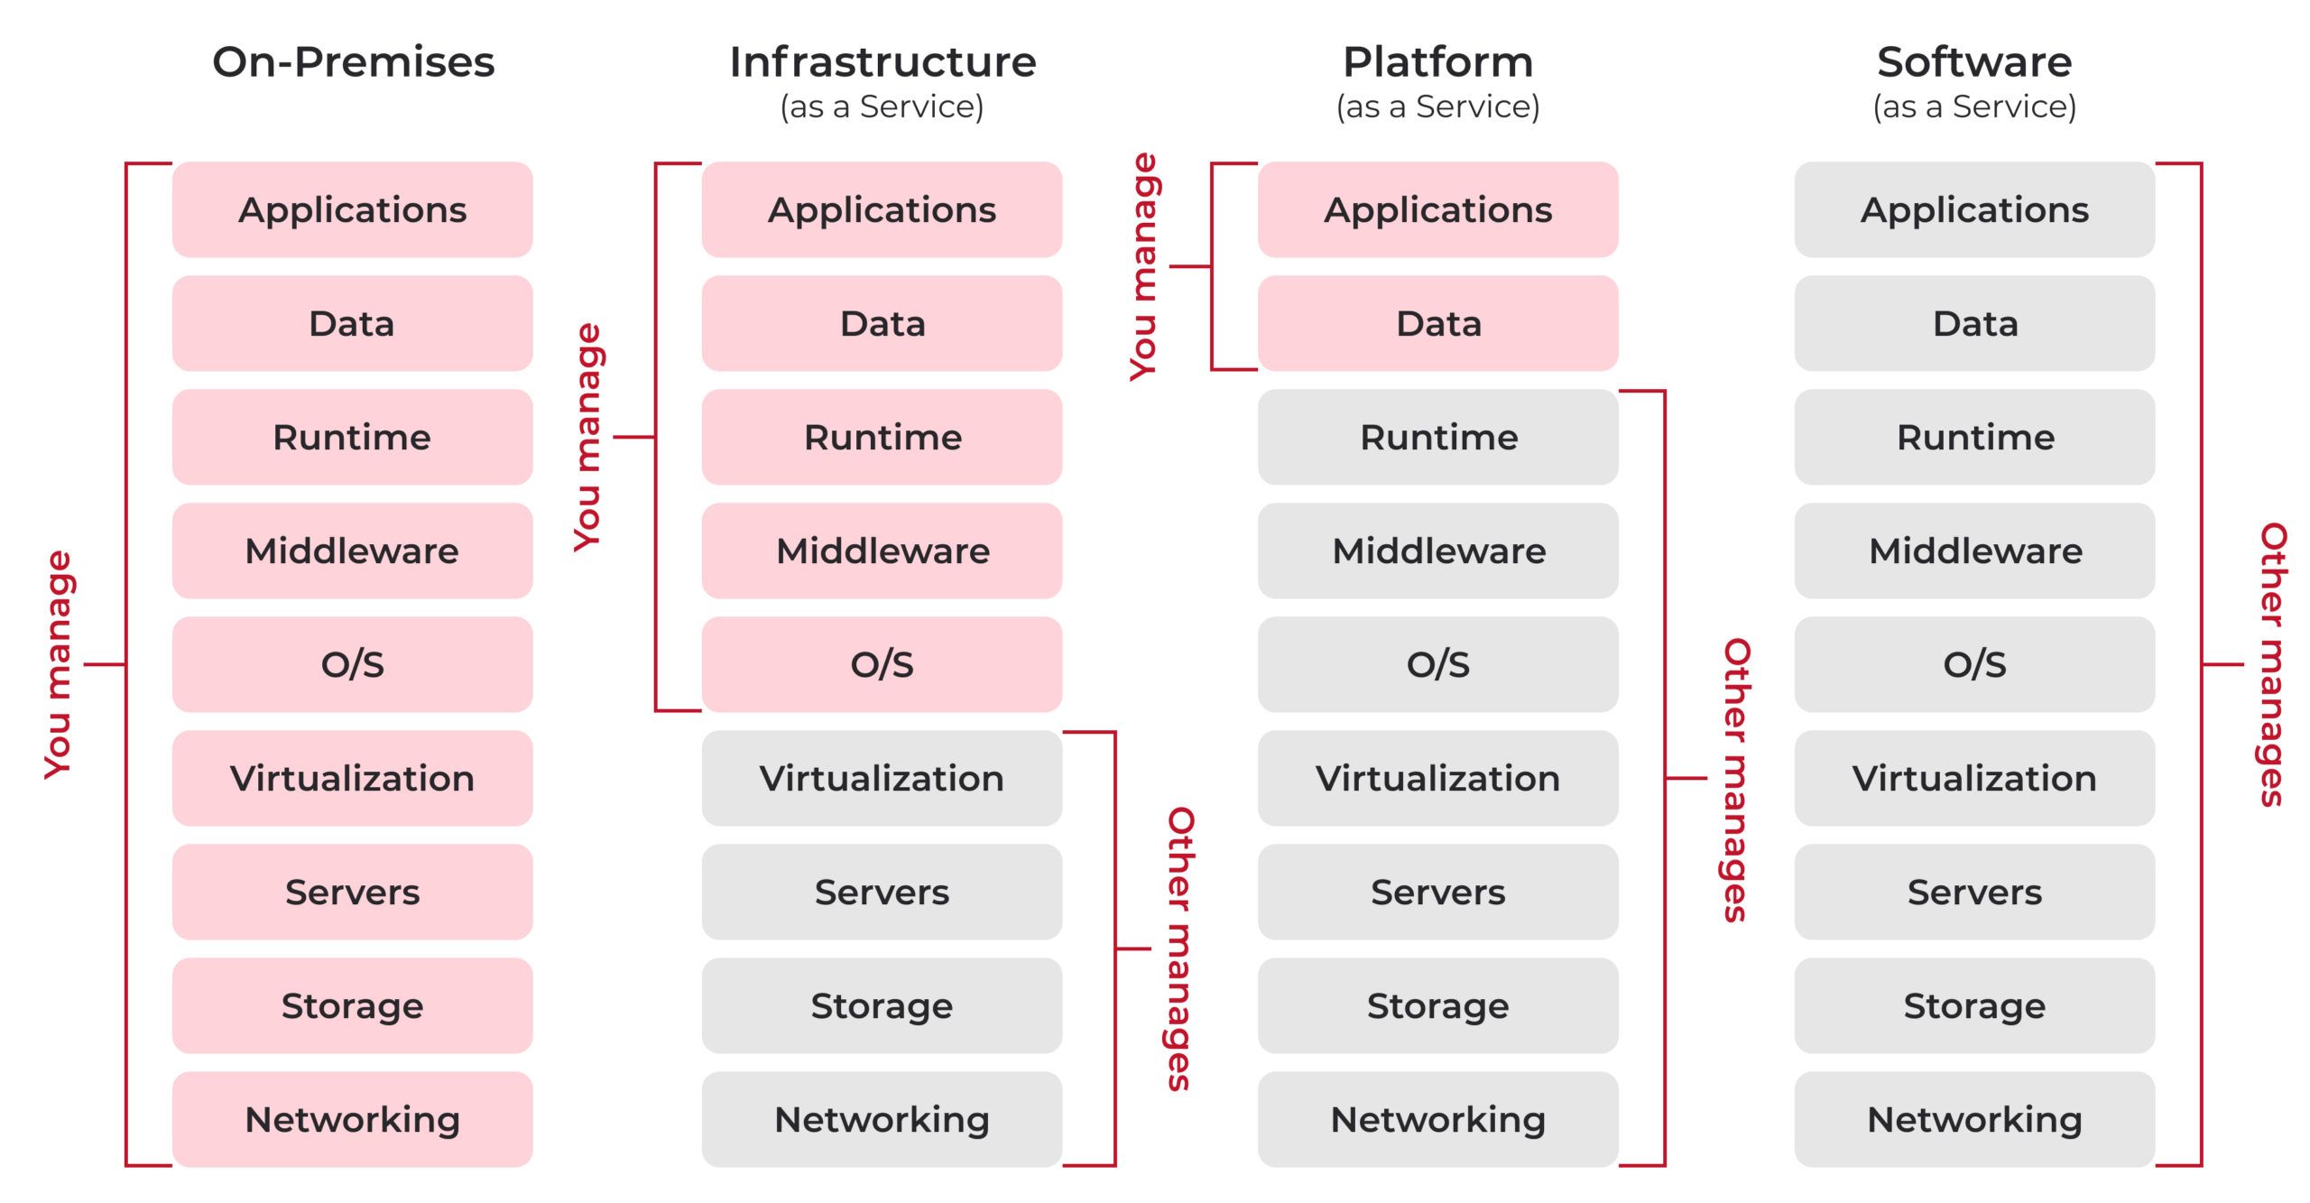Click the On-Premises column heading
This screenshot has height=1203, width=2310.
353,62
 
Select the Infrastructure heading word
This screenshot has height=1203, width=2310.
882,62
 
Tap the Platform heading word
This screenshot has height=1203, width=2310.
1438,62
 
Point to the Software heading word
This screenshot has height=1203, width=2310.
1974,62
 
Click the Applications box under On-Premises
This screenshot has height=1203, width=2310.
353,209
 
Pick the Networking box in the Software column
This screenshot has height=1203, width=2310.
1974,1119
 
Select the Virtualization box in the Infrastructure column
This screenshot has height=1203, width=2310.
882,778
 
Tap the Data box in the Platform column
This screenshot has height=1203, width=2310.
1438,323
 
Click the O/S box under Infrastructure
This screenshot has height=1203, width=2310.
882,664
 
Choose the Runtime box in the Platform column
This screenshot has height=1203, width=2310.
1438,437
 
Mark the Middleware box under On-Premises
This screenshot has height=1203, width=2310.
353,551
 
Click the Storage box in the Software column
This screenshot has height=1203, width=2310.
1974,1005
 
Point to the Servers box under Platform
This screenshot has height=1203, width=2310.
1438,892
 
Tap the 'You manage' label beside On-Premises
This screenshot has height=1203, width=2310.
59,665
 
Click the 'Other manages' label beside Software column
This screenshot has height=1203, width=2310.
2271,664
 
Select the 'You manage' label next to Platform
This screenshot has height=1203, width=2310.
1143,266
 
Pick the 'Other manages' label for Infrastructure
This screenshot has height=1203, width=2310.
1180,949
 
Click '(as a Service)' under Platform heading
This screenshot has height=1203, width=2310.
1438,106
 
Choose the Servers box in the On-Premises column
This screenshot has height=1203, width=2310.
353,892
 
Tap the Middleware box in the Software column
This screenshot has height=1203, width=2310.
1974,551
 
